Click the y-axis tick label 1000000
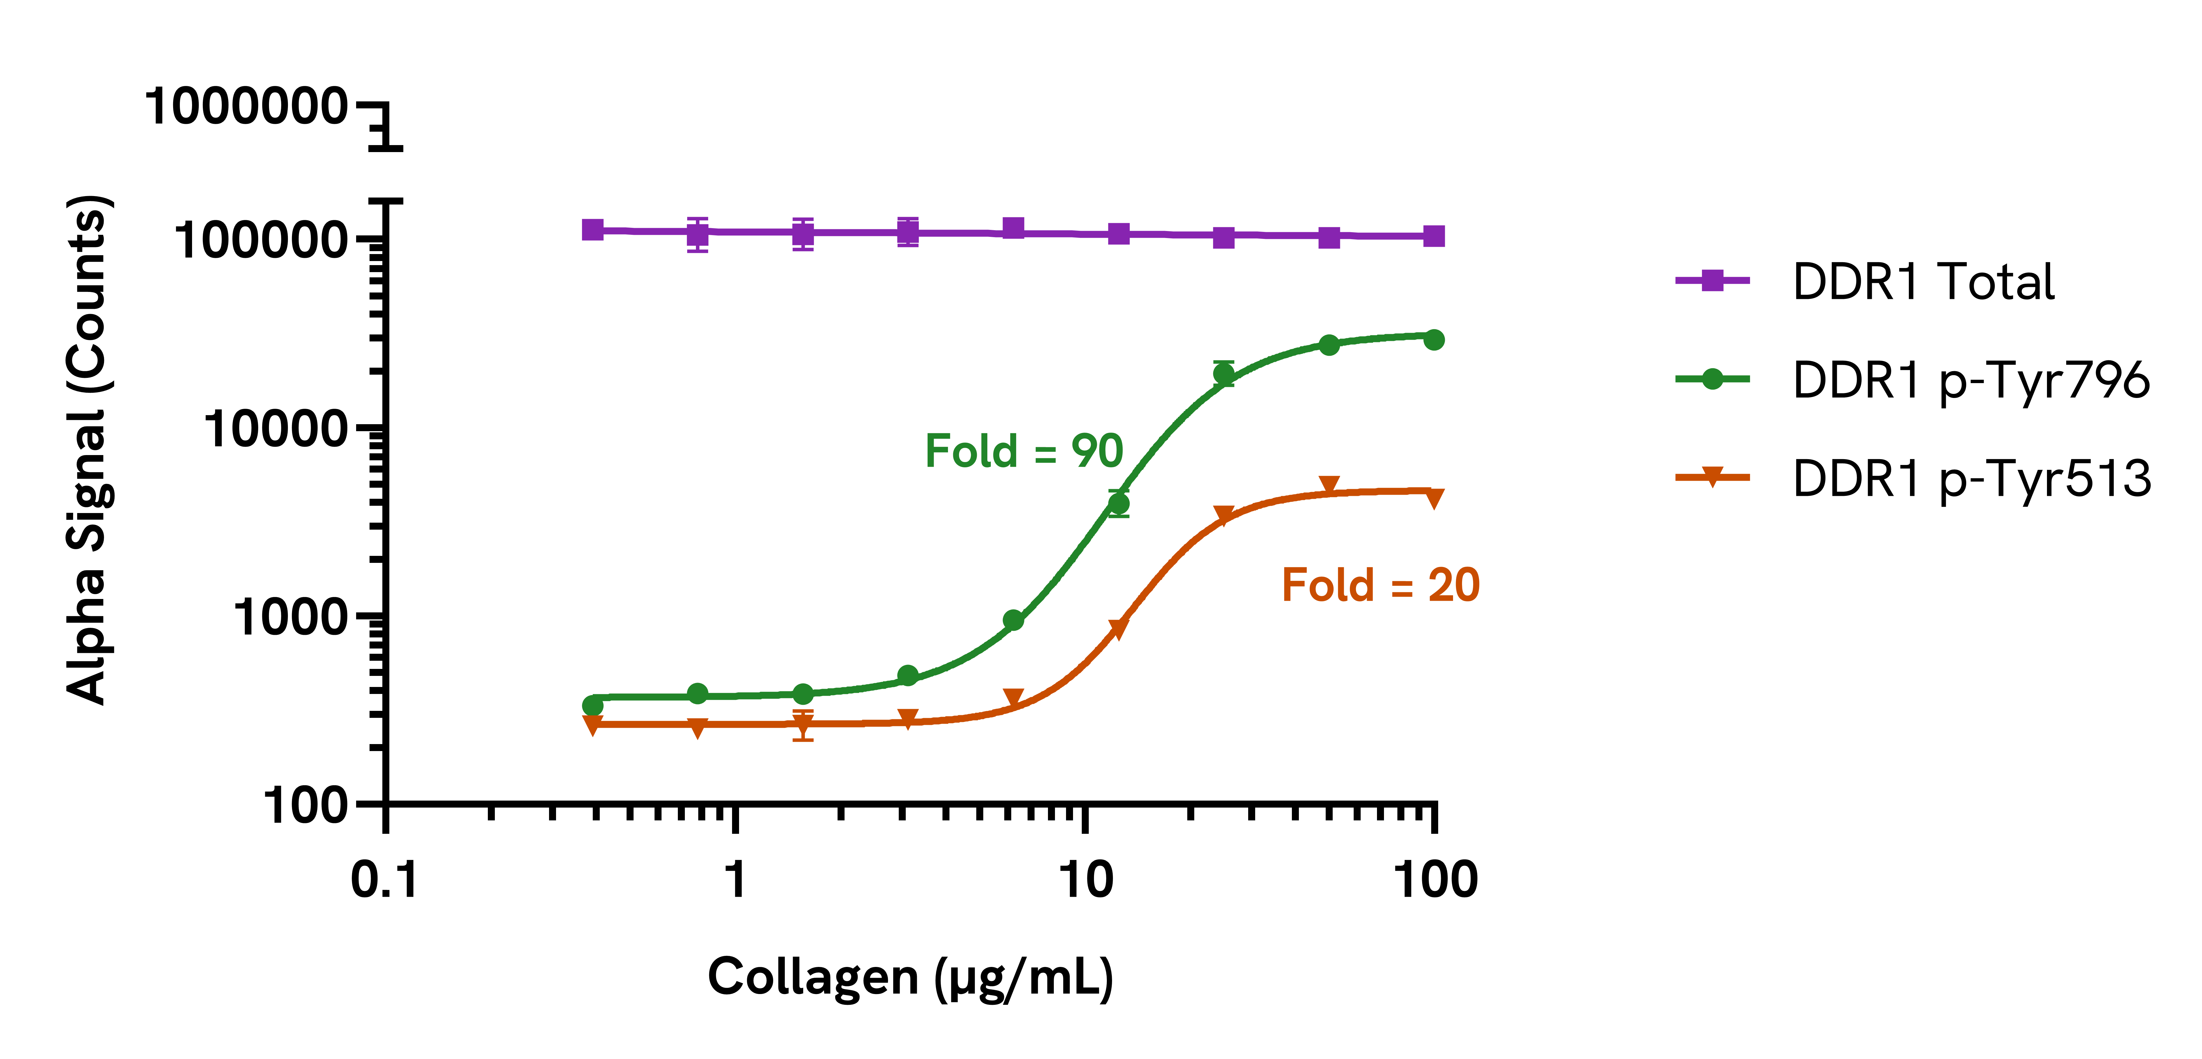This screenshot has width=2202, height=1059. pyautogui.click(x=245, y=108)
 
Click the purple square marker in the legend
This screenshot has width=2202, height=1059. pyautogui.click(x=1712, y=280)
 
